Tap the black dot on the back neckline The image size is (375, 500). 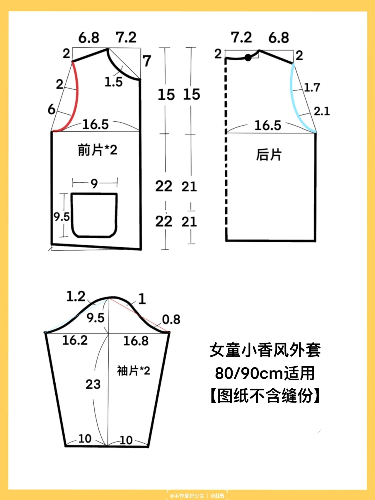coord(248,57)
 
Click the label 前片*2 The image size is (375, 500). coord(97,150)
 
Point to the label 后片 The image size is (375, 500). coord(269,154)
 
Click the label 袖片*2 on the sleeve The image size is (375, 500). coord(133,371)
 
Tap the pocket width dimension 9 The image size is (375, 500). coord(94,184)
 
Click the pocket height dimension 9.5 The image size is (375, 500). coord(62,217)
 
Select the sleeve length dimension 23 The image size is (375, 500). coord(93,384)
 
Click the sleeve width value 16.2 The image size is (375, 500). coord(75,340)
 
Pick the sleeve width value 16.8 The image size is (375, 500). coord(136,341)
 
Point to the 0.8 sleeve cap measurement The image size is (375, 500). coord(171,319)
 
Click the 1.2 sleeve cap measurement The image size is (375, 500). coord(76,297)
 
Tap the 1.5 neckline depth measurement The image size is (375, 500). coord(113,82)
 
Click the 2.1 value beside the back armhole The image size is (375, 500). coord(322,111)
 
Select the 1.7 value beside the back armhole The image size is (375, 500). coord(312,87)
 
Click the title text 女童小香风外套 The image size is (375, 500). coord(265,350)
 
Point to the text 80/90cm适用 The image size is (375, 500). coord(265,373)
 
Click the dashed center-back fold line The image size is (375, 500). coord(226,147)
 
